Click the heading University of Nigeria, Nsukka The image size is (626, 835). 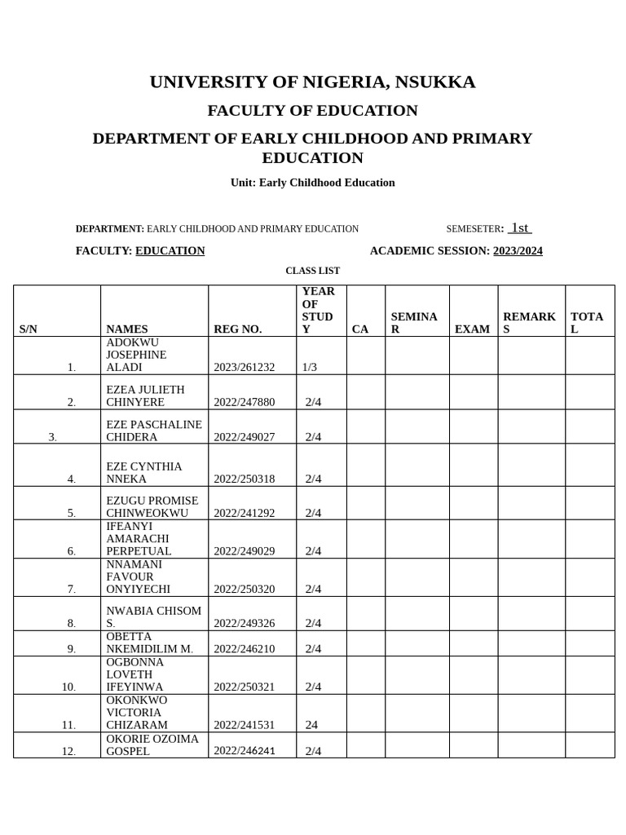click(312, 82)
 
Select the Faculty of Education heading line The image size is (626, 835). click(312, 110)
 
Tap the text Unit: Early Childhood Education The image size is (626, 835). click(312, 183)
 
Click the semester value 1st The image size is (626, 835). click(520, 228)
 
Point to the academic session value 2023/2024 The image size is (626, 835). click(518, 251)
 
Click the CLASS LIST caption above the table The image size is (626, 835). click(312, 271)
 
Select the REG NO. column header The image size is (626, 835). click(238, 329)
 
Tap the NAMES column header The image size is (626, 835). click(127, 329)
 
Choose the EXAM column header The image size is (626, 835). click(473, 329)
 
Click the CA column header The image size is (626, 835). click(360, 329)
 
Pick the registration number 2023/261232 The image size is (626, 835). click(245, 368)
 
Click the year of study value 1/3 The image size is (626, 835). click(310, 368)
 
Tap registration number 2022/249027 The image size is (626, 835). click(245, 437)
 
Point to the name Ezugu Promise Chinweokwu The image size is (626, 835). click(152, 506)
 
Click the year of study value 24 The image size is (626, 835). click(312, 725)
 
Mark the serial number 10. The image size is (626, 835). click(68, 687)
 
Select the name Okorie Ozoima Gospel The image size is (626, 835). click(152, 744)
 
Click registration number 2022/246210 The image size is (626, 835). click(245, 649)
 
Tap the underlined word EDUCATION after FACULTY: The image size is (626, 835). click(170, 251)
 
